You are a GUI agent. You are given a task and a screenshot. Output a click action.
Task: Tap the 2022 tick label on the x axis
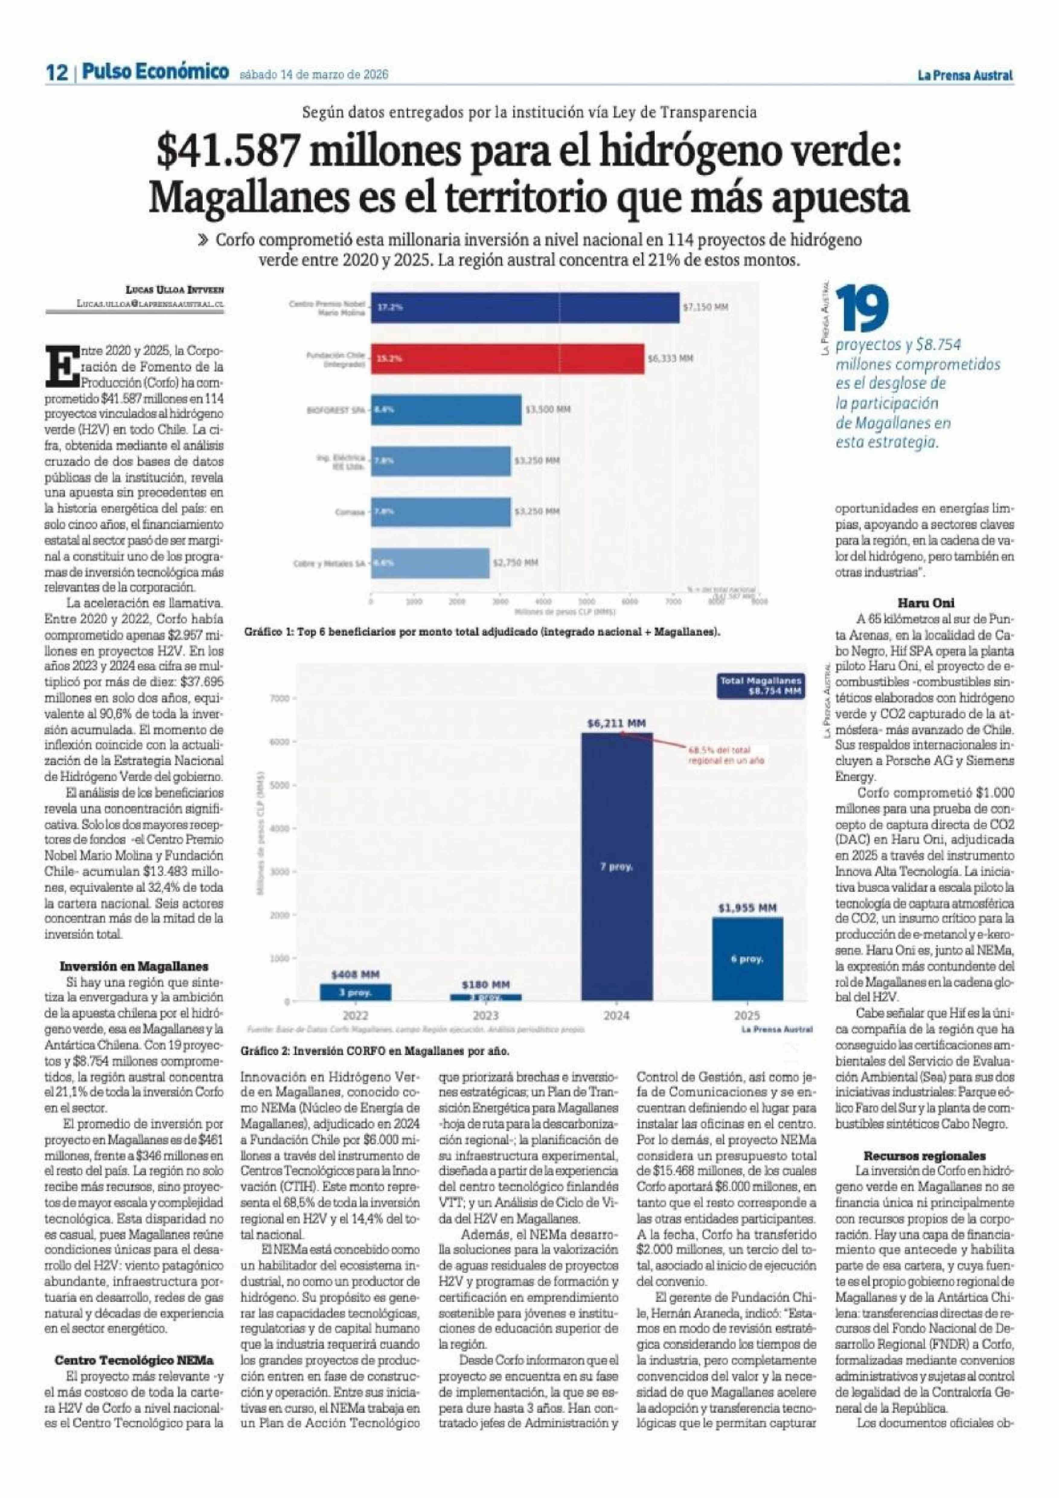coord(356,1016)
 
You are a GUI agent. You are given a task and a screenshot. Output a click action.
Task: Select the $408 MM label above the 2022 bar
coord(356,975)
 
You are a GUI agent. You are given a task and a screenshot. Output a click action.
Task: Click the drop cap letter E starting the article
coord(59,366)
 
